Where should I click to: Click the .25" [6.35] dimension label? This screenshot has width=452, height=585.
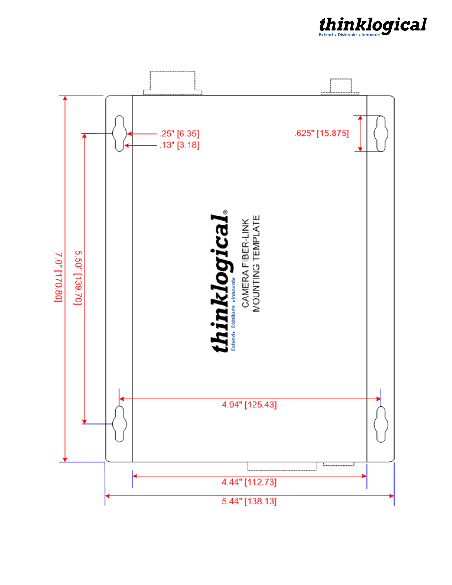tap(179, 134)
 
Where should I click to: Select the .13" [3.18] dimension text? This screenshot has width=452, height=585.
tap(179, 145)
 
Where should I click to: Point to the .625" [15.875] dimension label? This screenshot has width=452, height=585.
tap(321, 134)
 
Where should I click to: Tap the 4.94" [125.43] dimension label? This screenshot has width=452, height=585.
tap(249, 405)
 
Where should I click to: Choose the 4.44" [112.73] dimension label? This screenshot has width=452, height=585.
tap(249, 482)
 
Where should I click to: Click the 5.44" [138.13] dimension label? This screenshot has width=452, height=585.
tap(249, 501)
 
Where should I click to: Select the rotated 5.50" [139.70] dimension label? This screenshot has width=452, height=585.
tap(78, 278)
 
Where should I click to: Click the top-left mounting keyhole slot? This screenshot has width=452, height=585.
tap(119, 133)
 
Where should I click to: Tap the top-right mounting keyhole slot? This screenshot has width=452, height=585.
tap(380, 133)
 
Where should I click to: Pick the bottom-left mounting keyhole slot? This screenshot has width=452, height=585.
tap(119, 424)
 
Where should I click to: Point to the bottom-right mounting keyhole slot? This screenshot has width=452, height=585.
tap(380, 424)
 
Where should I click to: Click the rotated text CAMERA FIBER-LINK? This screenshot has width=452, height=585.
tap(245, 263)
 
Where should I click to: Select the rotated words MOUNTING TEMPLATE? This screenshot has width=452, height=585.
tap(256, 263)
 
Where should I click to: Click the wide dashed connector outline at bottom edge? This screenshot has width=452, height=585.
tap(282, 467)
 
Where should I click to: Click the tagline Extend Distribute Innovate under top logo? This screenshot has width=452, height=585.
tap(349, 35)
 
